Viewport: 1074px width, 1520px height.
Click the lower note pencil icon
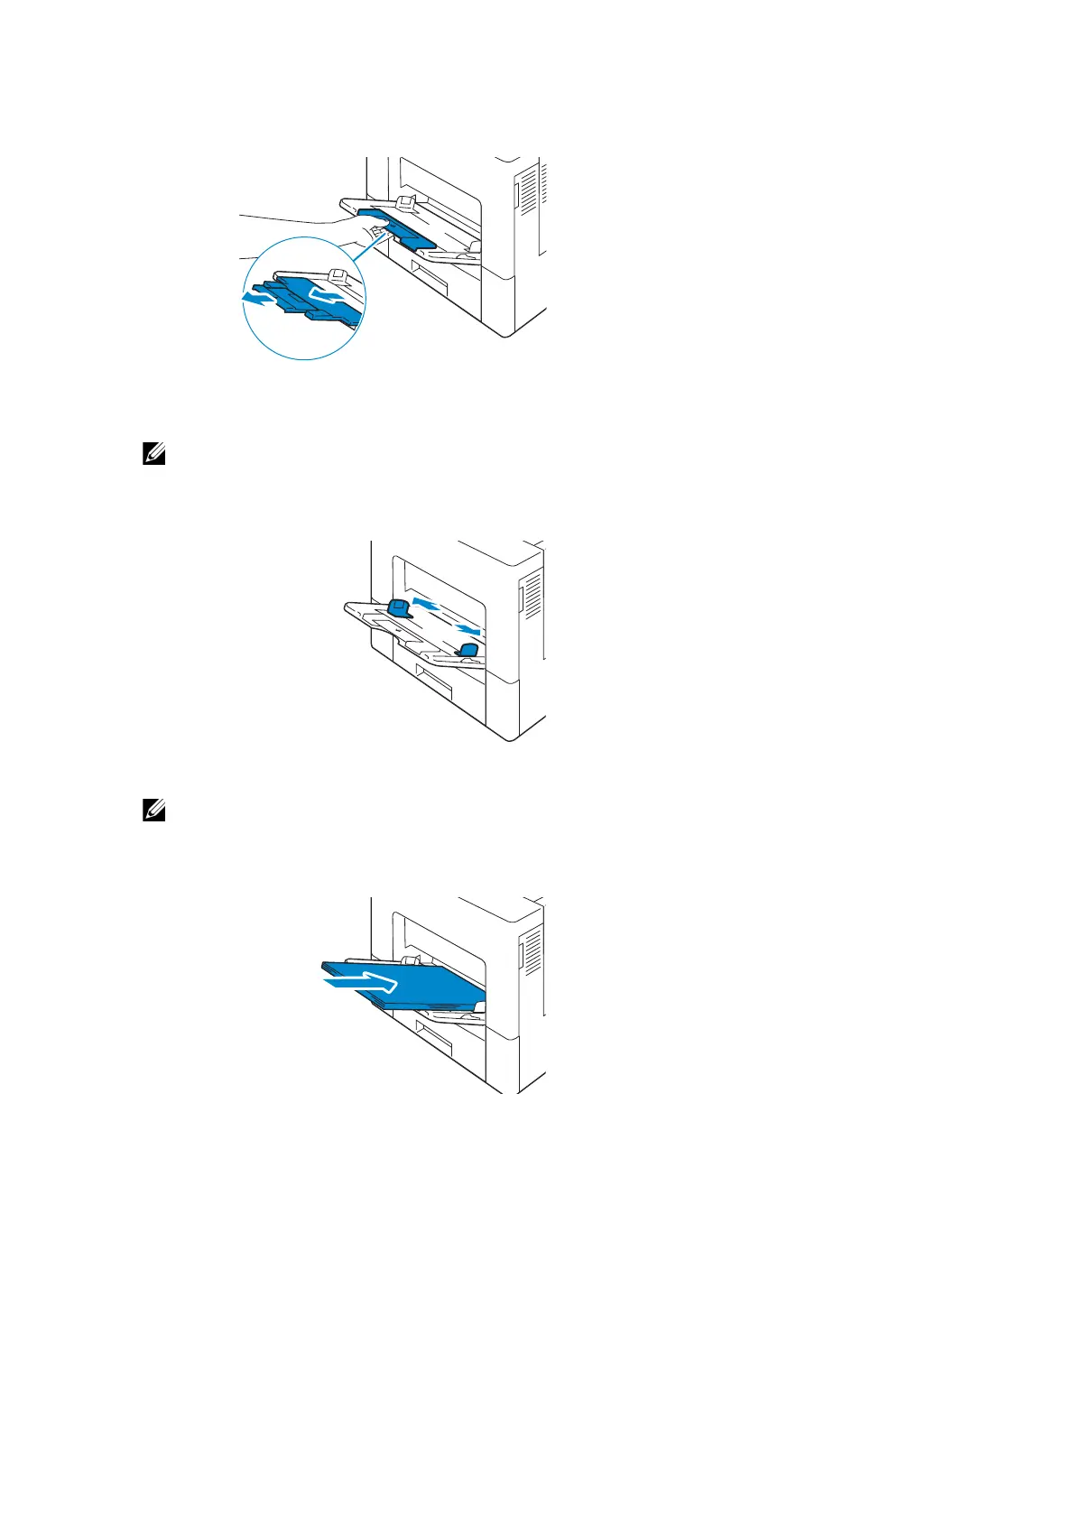(x=153, y=811)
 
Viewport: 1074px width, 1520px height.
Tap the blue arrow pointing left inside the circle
(x=257, y=296)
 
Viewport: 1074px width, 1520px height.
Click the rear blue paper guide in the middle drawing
(x=398, y=608)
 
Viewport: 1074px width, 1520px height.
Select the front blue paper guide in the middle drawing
(x=468, y=650)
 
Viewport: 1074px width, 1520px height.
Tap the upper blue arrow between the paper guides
(x=426, y=602)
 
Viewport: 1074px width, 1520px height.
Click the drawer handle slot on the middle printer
(x=432, y=681)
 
